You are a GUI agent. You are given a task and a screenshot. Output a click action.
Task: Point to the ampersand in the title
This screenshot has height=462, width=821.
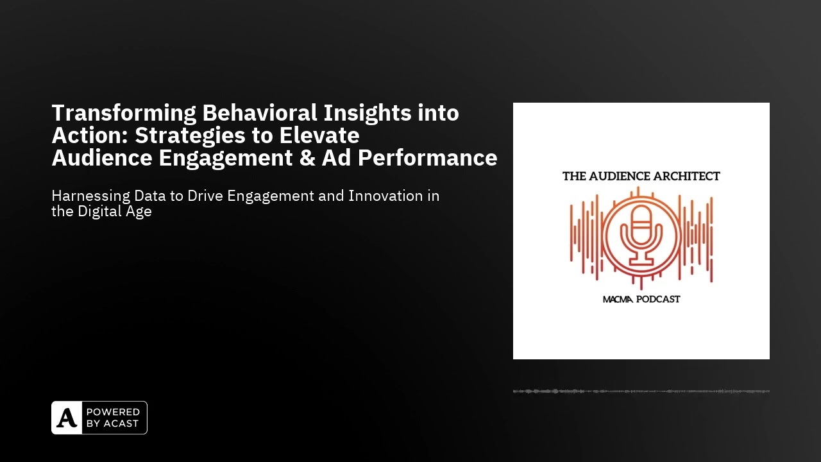(x=308, y=158)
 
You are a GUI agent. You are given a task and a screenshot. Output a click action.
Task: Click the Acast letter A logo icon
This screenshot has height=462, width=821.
(x=67, y=418)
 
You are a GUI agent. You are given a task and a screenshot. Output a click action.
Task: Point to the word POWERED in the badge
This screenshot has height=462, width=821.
(x=112, y=412)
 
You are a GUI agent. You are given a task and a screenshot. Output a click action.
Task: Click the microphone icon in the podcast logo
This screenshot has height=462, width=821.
(x=641, y=237)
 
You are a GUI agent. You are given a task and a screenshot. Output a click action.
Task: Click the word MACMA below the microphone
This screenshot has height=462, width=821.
(x=618, y=299)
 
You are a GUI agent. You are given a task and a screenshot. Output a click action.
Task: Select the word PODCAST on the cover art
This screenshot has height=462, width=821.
(x=659, y=299)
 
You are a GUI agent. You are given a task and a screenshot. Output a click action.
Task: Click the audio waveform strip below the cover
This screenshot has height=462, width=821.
(x=641, y=391)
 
